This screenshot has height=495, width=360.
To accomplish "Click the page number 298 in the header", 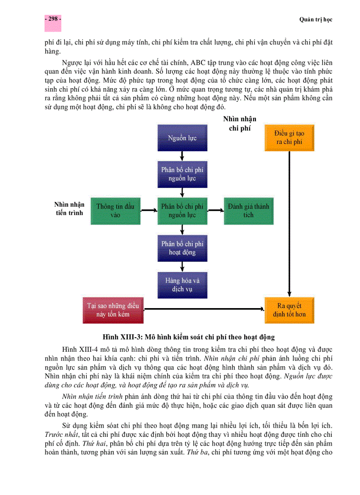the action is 52,19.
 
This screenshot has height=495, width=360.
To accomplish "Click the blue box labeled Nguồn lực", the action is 182,138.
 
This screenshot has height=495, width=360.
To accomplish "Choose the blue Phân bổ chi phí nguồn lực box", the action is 182,174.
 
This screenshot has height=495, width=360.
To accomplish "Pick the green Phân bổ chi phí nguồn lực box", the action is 182,211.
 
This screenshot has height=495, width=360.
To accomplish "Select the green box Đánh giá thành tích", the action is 248,211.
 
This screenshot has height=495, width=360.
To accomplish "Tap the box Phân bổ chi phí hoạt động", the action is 182,248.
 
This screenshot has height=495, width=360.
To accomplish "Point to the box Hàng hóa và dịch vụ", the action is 182,285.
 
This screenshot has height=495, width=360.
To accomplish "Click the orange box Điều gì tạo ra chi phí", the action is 289,138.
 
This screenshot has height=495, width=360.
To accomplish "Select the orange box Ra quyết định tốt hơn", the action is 289,310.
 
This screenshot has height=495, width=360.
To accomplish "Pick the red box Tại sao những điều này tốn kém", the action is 113,310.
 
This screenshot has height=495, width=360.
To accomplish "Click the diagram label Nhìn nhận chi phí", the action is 240,123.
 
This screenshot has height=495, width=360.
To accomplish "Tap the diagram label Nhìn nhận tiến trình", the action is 69,209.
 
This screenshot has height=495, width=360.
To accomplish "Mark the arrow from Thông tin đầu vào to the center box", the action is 149,211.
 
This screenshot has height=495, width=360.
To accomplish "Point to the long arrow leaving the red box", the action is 203,309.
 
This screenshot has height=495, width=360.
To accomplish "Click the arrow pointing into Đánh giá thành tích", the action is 215,211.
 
